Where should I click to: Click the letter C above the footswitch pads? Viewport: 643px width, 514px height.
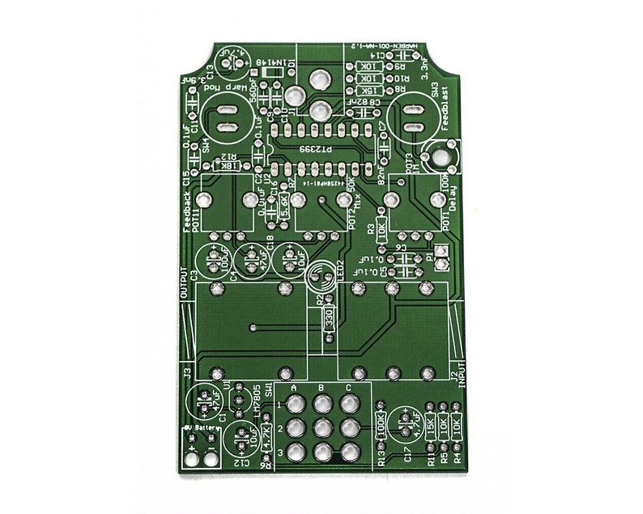point(349,389)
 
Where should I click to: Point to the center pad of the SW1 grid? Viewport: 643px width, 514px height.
point(322,427)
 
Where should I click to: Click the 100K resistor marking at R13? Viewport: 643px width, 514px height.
point(381,427)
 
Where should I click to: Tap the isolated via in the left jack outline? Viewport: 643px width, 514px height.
point(253,328)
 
